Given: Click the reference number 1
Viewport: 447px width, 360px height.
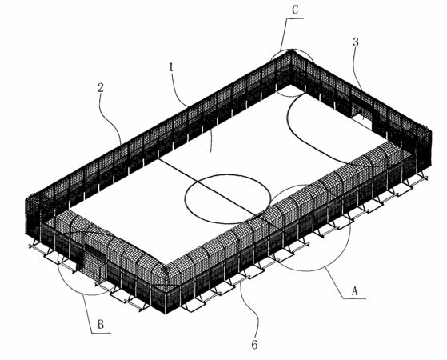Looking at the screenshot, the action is tap(171, 67).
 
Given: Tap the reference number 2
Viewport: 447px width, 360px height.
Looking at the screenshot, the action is tap(100, 87).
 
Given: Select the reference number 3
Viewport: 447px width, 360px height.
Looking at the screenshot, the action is tap(356, 42).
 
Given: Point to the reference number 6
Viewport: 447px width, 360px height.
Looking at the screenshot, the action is tap(254, 345).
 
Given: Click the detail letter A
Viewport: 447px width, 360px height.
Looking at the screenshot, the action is tap(354, 291).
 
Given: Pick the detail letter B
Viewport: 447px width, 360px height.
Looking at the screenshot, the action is tap(101, 325).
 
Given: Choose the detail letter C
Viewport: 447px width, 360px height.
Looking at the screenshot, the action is tap(295, 10).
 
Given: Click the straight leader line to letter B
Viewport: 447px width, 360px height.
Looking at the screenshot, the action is tap(87, 314).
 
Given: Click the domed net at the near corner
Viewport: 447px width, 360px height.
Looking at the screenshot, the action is tap(164, 274).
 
